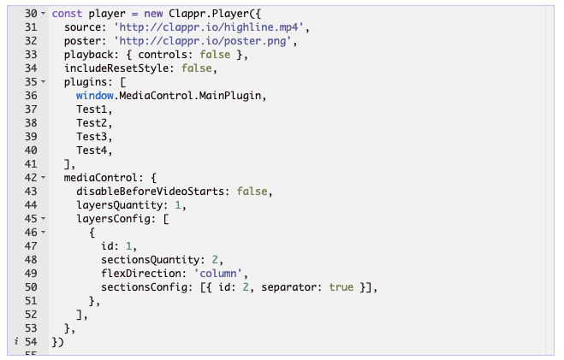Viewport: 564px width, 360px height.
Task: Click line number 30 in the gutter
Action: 31,15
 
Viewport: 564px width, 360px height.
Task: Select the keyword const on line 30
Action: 67,15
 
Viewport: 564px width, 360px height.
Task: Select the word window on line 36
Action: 94,96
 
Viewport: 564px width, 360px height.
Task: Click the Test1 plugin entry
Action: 94,109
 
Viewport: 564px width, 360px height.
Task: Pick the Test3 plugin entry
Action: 94,137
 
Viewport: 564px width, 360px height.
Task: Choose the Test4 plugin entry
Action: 94,150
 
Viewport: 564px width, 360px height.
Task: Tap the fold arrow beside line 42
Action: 43,178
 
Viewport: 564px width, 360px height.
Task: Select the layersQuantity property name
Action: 122,205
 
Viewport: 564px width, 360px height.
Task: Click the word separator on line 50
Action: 292,287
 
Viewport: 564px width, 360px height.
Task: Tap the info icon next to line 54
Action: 13,342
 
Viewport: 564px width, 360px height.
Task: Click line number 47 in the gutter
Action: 31,246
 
